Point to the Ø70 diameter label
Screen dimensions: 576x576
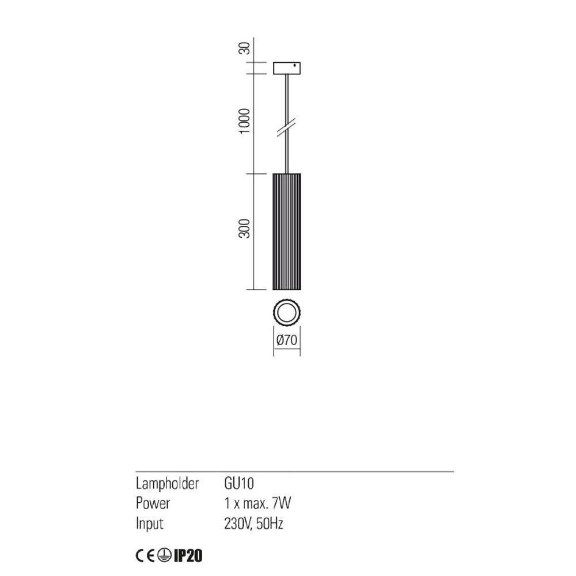tap(286, 340)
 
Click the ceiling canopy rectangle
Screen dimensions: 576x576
tap(287, 68)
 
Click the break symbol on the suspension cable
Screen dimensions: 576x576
tap(287, 127)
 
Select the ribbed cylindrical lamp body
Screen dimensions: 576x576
tap(286, 230)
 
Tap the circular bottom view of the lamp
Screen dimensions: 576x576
tap(286, 313)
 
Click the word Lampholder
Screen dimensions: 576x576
tap(167, 483)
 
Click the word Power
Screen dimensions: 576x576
tap(153, 503)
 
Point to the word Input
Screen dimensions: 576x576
tap(150, 524)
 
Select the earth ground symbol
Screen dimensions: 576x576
tap(164, 556)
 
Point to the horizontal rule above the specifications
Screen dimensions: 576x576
tap(294, 472)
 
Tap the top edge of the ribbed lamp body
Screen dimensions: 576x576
tap(286, 173)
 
